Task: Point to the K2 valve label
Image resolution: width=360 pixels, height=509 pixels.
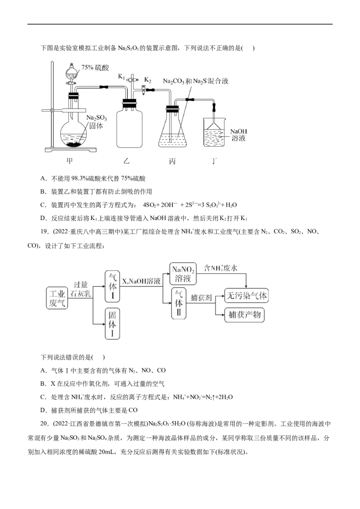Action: [148, 80]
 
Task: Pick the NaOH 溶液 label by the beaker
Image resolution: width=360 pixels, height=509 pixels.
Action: [238, 135]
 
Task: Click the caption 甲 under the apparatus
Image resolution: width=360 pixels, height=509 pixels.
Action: [69, 161]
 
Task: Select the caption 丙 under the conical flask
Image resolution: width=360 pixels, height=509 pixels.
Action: [173, 161]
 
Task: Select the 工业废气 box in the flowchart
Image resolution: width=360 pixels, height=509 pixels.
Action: [57, 298]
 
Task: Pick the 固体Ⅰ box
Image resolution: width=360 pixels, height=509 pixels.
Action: [112, 324]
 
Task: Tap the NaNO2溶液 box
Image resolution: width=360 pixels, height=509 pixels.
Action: [183, 273]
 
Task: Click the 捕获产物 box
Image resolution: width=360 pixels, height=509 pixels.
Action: [244, 316]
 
